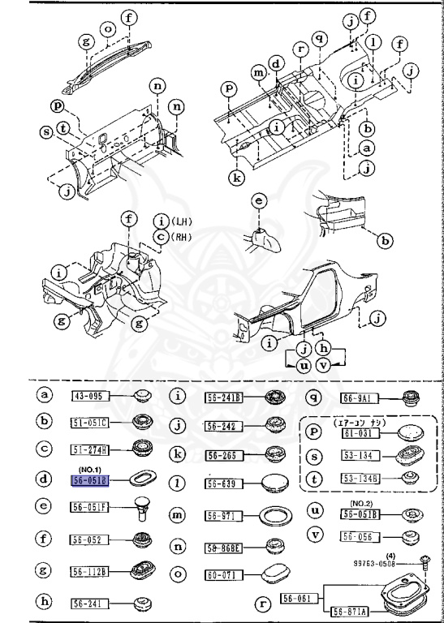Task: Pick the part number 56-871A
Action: coord(347,610)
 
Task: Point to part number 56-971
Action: coord(222,515)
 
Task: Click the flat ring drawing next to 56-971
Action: coord(275,515)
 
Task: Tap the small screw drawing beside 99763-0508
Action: coord(424,560)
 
